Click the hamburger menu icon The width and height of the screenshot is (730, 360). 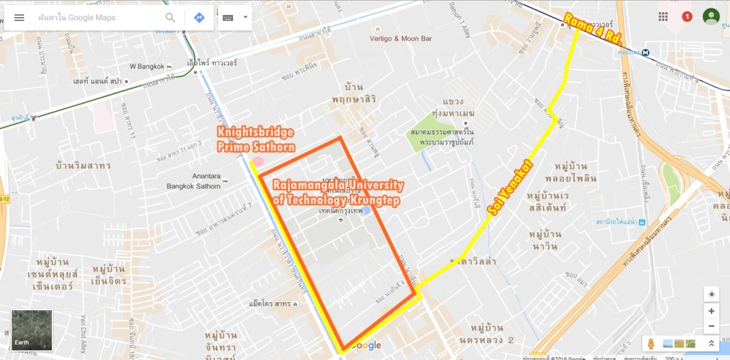pyautogui.click(x=19, y=17)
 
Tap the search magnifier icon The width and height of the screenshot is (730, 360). pyautogui.click(x=170, y=17)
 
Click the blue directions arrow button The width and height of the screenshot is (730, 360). pyautogui.click(x=199, y=17)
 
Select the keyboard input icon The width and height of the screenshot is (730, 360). pyautogui.click(x=228, y=17)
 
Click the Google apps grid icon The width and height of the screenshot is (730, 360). pyautogui.click(x=664, y=16)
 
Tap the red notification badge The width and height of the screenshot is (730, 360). pyautogui.click(x=687, y=16)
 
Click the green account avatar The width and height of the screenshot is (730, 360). pyautogui.click(x=711, y=16)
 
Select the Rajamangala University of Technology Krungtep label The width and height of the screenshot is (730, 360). pyautogui.click(x=339, y=193)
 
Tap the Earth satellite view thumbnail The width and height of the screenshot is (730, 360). pyautogui.click(x=31, y=330)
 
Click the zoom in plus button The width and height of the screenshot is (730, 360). pyautogui.click(x=711, y=312)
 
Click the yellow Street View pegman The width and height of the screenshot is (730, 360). pyautogui.click(x=650, y=344)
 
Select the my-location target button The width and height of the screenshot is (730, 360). pyautogui.click(x=711, y=294)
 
